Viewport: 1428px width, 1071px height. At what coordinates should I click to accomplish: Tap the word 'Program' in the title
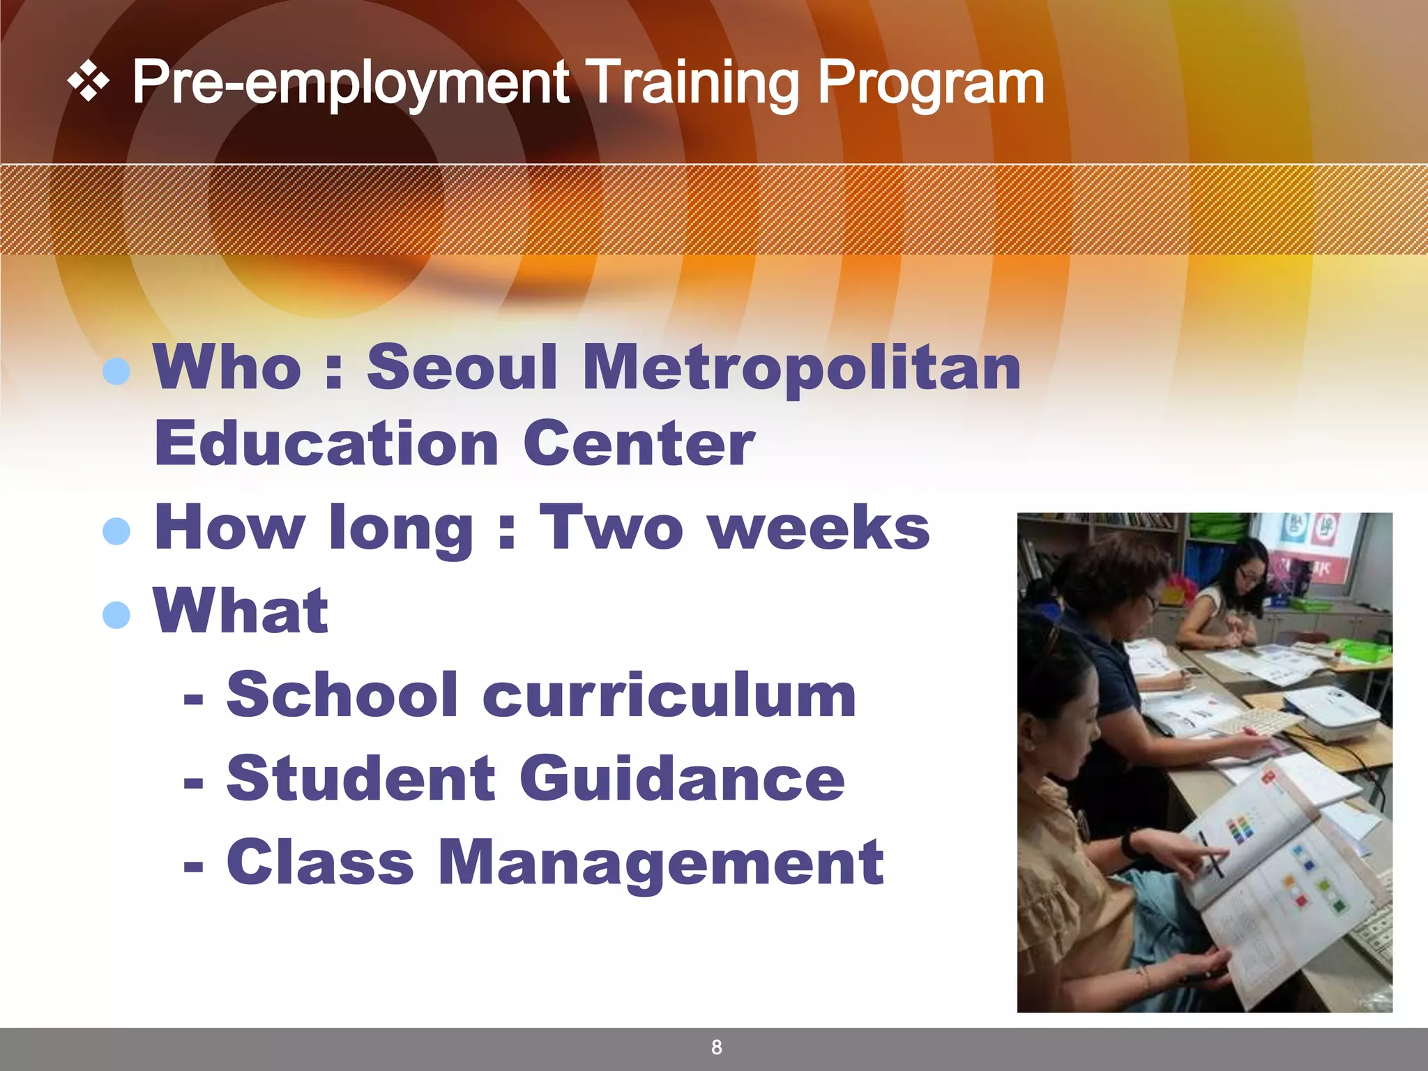pos(931,84)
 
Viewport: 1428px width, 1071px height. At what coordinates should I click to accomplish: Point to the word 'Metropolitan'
pos(801,368)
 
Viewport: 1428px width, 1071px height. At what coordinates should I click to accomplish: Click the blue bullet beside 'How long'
pos(116,531)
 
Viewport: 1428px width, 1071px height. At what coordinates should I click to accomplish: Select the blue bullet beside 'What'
pos(116,615)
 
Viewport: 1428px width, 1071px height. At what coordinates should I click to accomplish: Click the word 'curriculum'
pos(669,695)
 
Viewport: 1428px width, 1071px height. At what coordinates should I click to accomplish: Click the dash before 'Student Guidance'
pos(193,782)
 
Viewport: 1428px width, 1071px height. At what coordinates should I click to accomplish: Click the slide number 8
pos(716,1047)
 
